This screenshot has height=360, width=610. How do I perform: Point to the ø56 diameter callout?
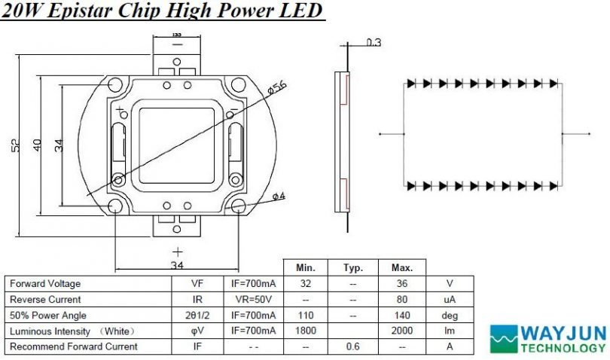click(278, 88)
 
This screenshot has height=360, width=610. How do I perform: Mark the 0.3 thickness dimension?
click(374, 43)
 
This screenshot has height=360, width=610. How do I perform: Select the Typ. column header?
click(353, 268)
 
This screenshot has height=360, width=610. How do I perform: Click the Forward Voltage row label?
click(44, 284)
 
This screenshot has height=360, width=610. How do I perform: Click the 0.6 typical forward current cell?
click(353, 347)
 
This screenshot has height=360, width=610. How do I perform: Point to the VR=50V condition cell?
click(252, 300)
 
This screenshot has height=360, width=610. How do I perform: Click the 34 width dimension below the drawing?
click(177, 265)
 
